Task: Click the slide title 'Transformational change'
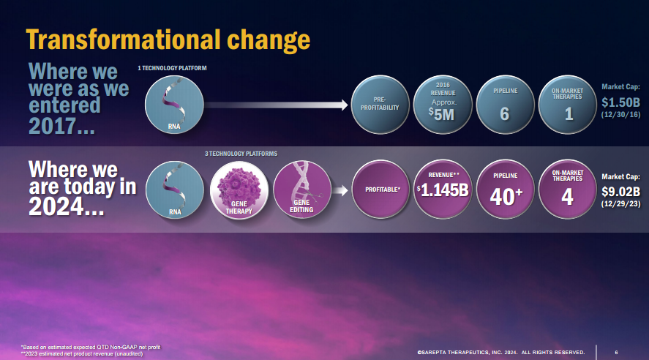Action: [x=168, y=40]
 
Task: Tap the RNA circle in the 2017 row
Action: [x=174, y=105]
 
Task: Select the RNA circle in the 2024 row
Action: [x=175, y=190]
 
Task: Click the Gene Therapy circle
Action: [x=239, y=190]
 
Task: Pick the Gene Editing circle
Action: [x=302, y=190]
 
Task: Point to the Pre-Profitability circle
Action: [x=380, y=105]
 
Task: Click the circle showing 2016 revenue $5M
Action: [x=443, y=105]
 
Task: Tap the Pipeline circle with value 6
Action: [x=506, y=105]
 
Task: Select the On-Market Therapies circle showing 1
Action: [x=568, y=105]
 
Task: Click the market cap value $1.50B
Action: [x=620, y=102]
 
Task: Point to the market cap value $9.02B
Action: [x=620, y=192]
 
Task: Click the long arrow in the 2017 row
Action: [x=276, y=105]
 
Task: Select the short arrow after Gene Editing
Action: [x=339, y=190]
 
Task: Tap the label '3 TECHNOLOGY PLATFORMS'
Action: [x=241, y=154]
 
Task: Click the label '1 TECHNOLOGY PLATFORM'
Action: [x=172, y=68]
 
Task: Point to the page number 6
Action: [x=616, y=352]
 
